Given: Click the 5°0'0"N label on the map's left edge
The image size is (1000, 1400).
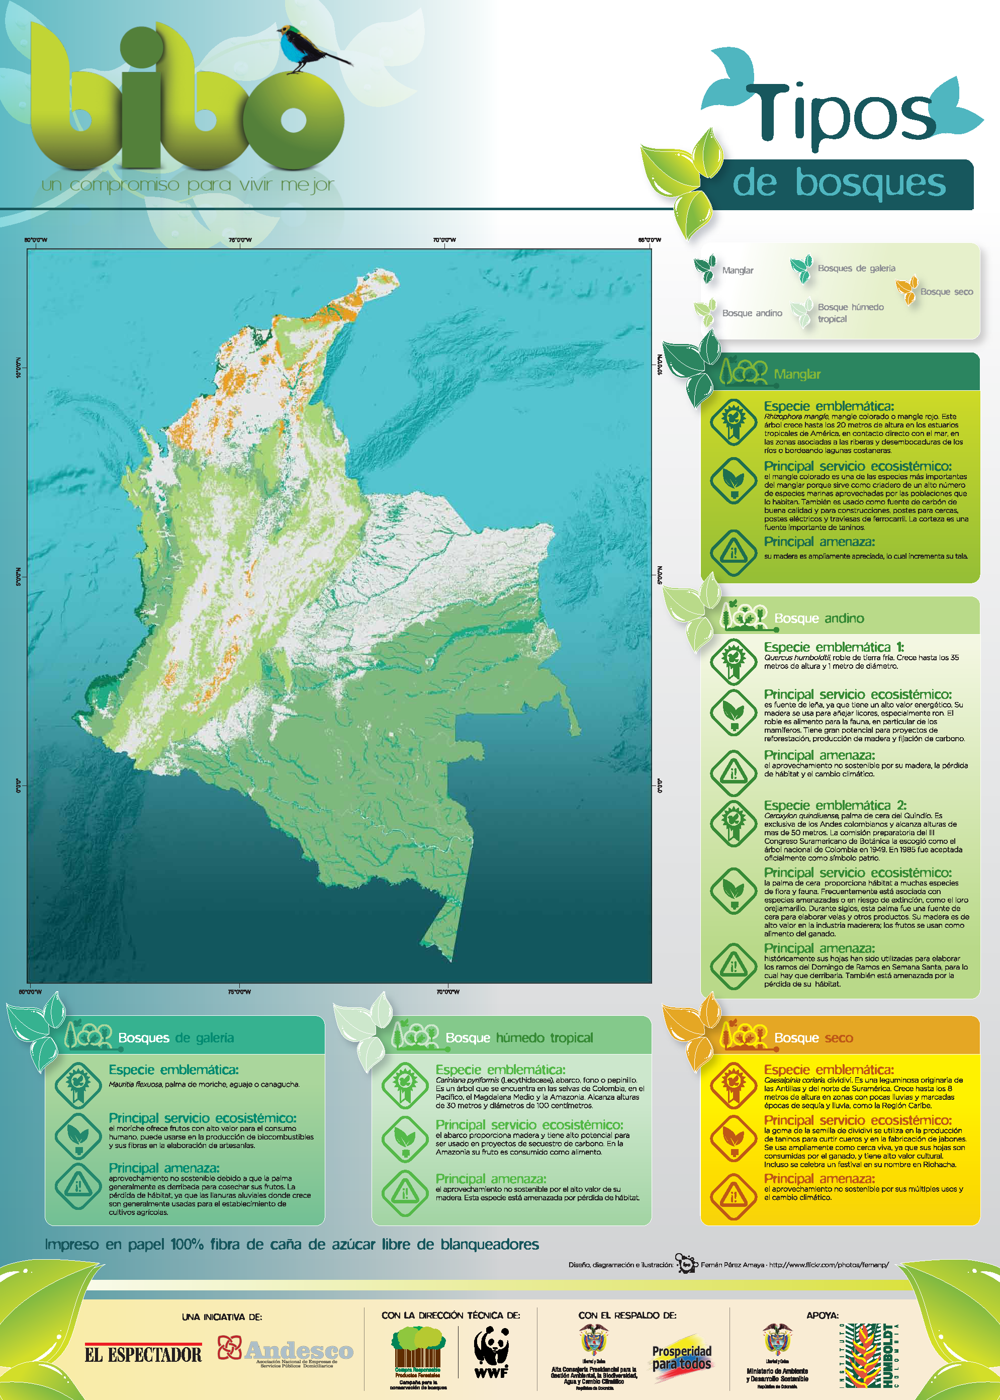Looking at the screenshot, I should point(19,576).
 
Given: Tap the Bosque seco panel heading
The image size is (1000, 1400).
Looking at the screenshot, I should point(813,1038).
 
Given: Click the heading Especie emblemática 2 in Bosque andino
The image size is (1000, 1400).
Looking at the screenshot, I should point(835,806).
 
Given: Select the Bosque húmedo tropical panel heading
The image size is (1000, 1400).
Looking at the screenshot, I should point(518,1038).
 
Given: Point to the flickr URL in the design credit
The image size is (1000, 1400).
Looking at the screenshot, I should point(828,1265).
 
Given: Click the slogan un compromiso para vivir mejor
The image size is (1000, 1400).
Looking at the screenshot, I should point(188,184).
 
